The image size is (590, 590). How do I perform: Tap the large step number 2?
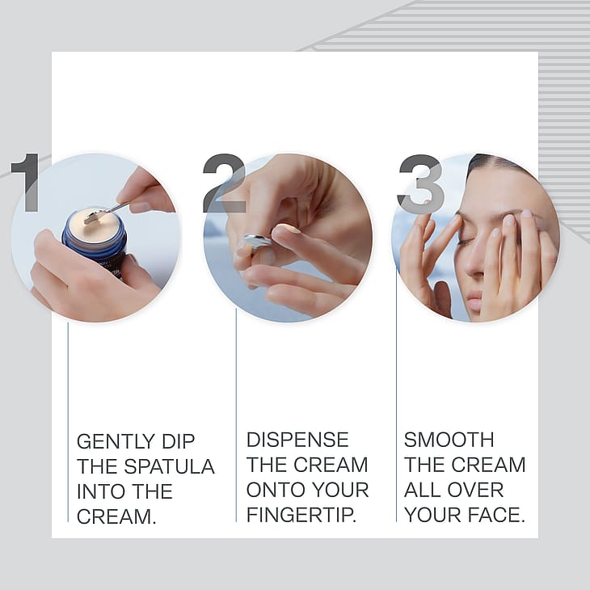pyautogui.click(x=224, y=183)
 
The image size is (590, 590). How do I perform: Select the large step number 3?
pyautogui.click(x=421, y=184)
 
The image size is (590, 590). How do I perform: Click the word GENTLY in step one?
pyautogui.click(x=116, y=441)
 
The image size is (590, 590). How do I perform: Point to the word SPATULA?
pyautogui.click(x=170, y=466)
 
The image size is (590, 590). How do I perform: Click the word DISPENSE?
pyautogui.click(x=297, y=440)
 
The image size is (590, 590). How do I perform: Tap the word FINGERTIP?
pyautogui.click(x=301, y=515)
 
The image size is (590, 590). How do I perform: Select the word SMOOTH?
pyautogui.click(x=449, y=440)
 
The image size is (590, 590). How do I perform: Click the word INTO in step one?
pyautogui.click(x=98, y=491)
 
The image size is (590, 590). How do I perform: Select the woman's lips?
pyautogui.click(x=475, y=297)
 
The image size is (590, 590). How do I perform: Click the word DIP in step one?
pyautogui.click(x=179, y=441)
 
